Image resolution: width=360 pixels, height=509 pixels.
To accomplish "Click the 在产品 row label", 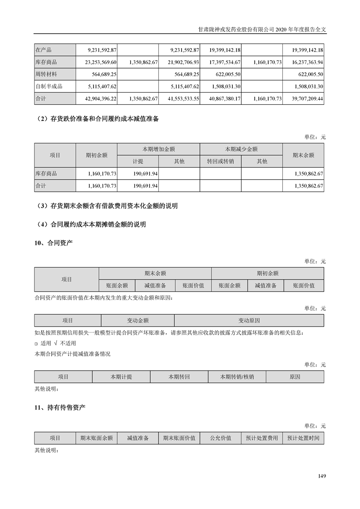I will (x=44, y=49).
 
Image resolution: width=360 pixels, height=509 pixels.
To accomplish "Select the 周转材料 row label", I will (x=46, y=74).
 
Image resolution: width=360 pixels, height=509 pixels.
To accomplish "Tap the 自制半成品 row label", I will (x=49, y=86).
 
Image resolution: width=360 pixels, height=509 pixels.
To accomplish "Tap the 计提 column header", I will (x=138, y=161).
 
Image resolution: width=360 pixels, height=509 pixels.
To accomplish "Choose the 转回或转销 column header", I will (x=220, y=161).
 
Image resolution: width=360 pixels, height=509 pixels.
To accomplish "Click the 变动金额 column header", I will (x=138, y=320).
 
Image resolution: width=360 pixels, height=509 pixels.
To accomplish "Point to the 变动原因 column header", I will (x=249, y=320).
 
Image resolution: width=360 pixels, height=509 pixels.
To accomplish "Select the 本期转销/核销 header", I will (x=237, y=377).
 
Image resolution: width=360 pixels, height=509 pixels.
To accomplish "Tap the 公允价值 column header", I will (x=221, y=438).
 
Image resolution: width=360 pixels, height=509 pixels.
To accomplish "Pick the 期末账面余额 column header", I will (x=96, y=438).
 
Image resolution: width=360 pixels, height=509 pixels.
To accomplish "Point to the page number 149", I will (x=322, y=476).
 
